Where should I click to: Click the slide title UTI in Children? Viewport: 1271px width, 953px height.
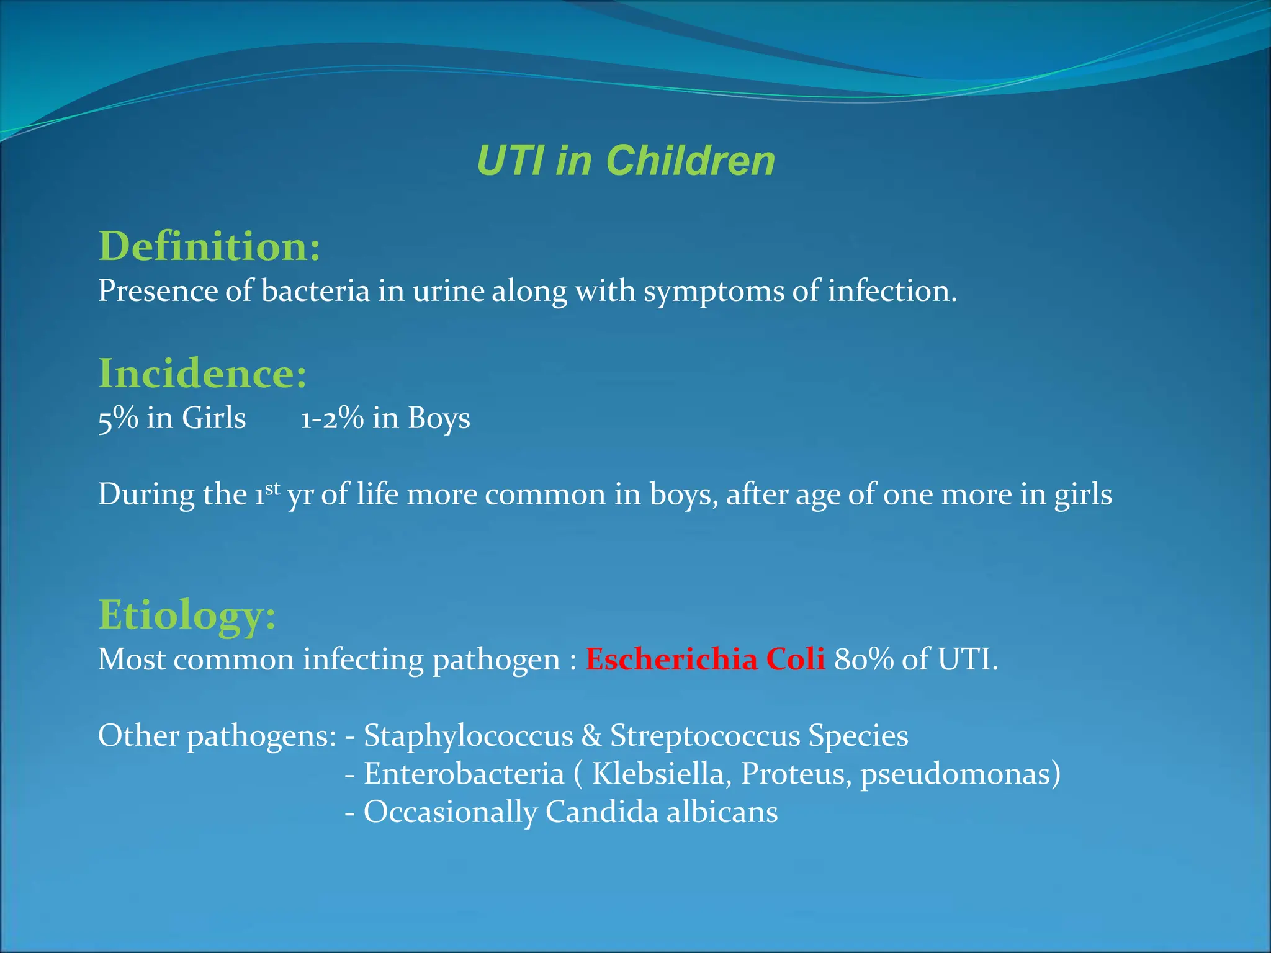point(626,161)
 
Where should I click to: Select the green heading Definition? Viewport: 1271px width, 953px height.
point(210,246)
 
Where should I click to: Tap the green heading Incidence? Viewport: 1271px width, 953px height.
point(202,374)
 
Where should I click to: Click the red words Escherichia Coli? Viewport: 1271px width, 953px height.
point(705,659)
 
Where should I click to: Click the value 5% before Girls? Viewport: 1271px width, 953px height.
point(118,418)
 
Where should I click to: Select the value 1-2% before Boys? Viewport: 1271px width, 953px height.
point(332,418)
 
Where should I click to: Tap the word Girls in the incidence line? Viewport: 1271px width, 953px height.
point(214,418)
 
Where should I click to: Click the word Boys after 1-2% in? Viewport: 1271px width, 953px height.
point(439,419)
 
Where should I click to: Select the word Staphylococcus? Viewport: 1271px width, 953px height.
point(468,736)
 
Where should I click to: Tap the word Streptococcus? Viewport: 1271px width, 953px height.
point(705,736)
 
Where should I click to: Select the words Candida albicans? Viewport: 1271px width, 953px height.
point(661,812)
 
